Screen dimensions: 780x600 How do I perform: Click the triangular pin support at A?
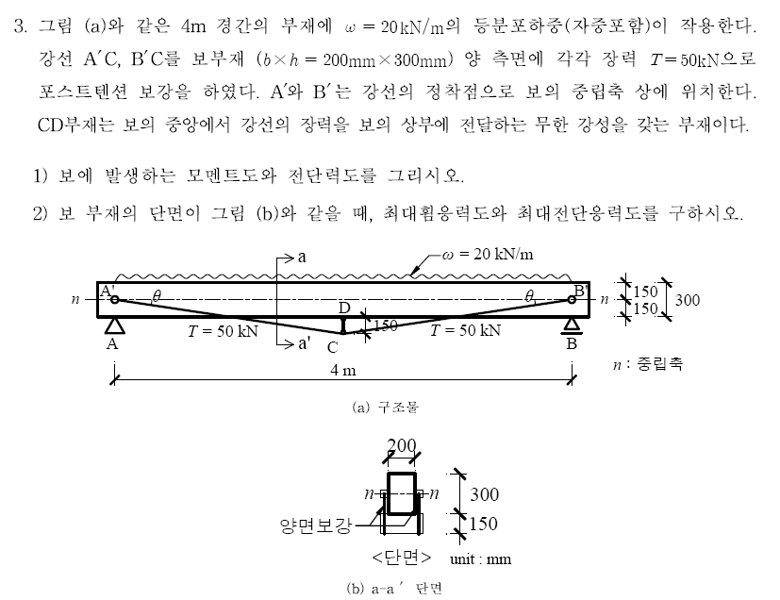coord(114,325)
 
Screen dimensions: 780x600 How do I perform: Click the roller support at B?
coord(572,325)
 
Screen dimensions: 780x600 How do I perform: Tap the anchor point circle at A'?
coord(114,299)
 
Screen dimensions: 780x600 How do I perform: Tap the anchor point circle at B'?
coord(572,299)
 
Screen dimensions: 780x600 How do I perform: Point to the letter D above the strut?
coord(344,308)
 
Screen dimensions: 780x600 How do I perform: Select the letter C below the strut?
coord(332,347)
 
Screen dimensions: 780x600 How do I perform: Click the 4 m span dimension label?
coord(343,370)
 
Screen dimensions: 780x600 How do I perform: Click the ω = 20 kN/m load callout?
coord(487,254)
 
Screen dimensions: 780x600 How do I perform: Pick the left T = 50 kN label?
coord(223,331)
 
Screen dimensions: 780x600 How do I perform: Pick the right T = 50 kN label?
coord(465,330)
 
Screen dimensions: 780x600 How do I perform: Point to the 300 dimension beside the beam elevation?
coord(687,300)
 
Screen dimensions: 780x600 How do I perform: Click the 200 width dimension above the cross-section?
coord(402,444)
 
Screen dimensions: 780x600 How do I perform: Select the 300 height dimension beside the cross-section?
coord(485,494)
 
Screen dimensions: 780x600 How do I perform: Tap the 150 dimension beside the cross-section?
coord(483,524)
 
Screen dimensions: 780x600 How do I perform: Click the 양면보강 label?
coord(316,525)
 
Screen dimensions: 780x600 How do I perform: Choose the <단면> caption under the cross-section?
coord(402,558)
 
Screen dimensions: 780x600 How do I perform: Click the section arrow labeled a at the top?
coord(286,258)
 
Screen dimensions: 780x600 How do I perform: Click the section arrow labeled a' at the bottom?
coord(286,343)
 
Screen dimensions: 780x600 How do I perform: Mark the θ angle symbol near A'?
coord(157,296)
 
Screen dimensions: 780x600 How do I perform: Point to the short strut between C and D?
coord(343,325)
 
